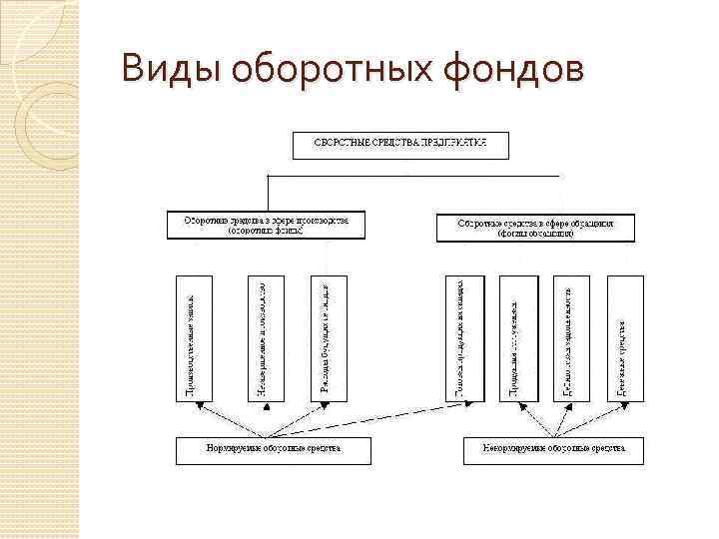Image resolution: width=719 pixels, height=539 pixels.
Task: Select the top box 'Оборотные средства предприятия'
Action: point(400,145)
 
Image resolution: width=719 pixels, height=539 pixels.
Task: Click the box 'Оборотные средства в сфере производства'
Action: point(267,225)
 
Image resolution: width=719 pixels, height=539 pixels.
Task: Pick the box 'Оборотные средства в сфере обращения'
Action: point(535,228)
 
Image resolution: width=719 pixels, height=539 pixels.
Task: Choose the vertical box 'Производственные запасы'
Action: point(195,337)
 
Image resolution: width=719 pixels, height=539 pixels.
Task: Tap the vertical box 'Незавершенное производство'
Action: point(265,337)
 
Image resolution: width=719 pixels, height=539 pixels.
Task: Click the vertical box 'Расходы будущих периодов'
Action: point(329,337)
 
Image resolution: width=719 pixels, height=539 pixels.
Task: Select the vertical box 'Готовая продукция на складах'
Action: point(462,337)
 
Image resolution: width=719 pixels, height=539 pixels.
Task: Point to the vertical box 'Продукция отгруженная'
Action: point(516,337)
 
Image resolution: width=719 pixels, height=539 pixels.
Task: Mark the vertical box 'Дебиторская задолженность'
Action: point(571,337)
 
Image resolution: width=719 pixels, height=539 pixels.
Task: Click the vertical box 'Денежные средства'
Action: point(625,337)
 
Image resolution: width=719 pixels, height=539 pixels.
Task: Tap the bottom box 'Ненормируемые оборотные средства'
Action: point(553,450)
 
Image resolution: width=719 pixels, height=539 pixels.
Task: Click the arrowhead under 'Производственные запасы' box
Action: point(197,405)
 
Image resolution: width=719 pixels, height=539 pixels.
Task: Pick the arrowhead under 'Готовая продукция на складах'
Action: point(461,405)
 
